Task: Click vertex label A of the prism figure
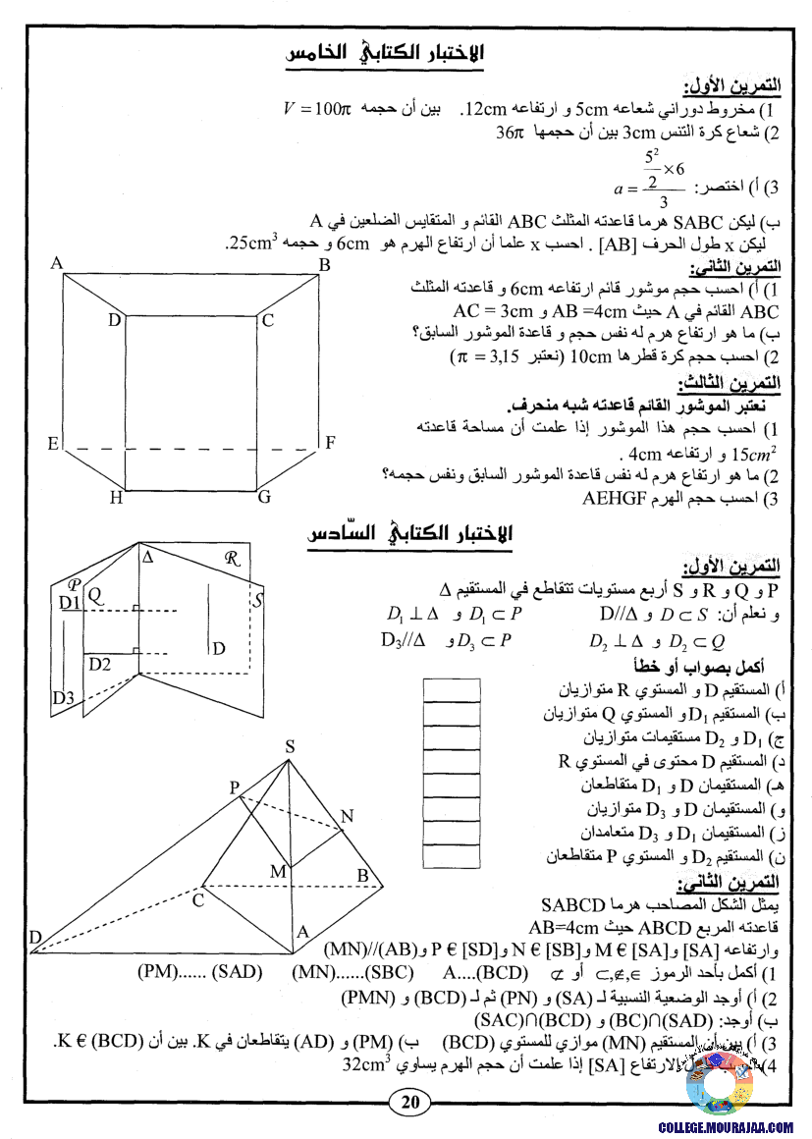point(57,263)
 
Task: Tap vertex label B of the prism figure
point(324,265)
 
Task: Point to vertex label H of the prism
point(116,498)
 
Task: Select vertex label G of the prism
point(263,497)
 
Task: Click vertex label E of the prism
point(53,444)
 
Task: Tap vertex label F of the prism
point(331,442)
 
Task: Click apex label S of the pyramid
point(290,746)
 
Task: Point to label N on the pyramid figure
point(347,817)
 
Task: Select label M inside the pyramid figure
point(278,871)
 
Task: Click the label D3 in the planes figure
point(64,698)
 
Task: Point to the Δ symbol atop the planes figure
point(148,557)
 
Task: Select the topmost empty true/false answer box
point(451,689)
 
